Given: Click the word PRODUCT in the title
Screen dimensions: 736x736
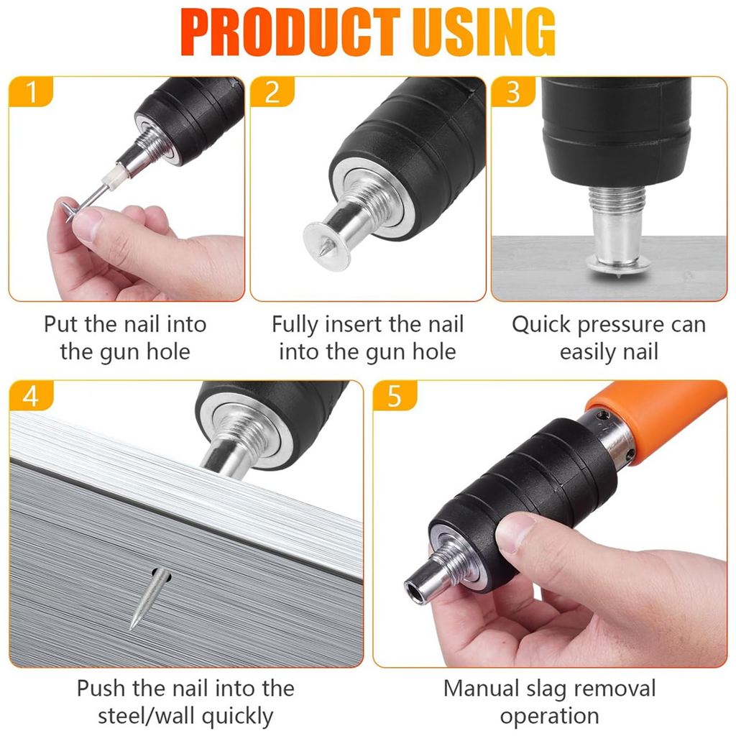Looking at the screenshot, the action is [x=290, y=32].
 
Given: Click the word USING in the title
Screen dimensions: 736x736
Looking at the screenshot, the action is [x=484, y=32].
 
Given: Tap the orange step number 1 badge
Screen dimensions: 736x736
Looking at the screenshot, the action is [x=31, y=91].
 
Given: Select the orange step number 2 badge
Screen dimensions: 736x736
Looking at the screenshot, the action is [x=272, y=91].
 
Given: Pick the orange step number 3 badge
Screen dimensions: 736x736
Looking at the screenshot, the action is [x=513, y=91].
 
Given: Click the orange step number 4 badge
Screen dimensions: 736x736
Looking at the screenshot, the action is [x=31, y=395].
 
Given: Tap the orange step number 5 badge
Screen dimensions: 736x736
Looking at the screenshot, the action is [x=395, y=395].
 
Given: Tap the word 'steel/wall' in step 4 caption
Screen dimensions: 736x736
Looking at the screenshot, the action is [x=146, y=716].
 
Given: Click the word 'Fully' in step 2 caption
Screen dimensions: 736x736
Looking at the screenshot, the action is [x=295, y=325].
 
